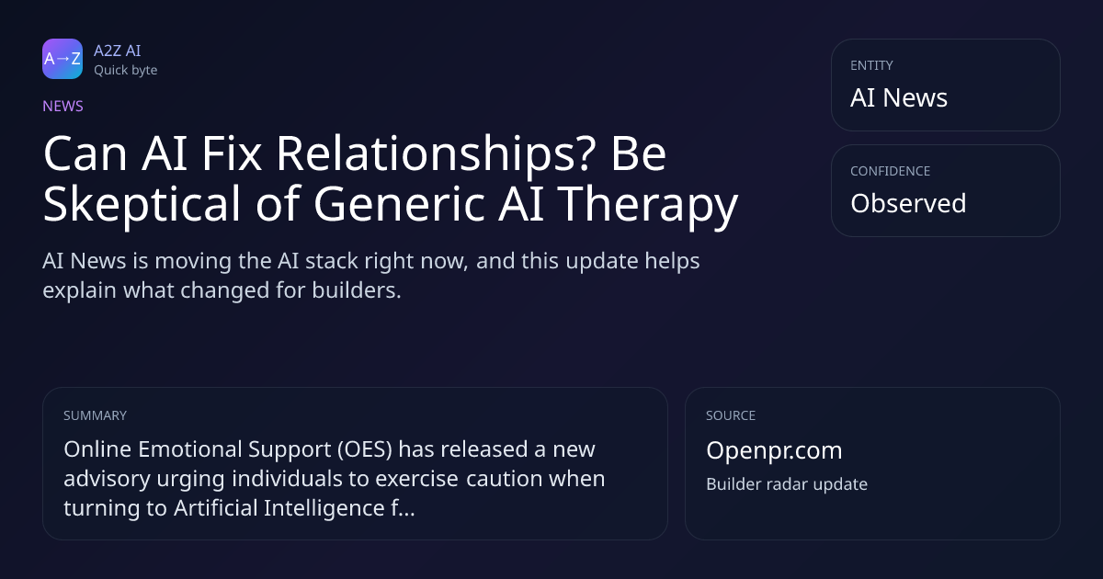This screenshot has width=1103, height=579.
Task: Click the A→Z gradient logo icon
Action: [63, 59]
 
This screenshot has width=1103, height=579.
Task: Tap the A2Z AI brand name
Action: [118, 51]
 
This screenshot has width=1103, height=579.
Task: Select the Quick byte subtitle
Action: [126, 71]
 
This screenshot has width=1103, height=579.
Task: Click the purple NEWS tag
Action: [63, 107]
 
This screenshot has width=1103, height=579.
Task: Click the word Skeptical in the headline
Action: [142, 204]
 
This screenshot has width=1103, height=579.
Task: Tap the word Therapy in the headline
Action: [647, 204]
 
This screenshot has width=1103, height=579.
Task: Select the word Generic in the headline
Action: [399, 203]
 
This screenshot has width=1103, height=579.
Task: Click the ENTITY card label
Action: [871, 65]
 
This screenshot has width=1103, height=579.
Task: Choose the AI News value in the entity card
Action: [899, 97]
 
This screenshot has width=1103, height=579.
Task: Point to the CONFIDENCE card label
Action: [891, 171]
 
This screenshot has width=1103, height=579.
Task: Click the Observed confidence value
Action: [908, 203]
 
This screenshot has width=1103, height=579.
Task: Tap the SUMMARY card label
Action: [95, 415]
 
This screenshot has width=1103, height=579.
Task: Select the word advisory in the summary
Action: [107, 479]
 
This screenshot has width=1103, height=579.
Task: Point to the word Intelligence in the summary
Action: [324, 508]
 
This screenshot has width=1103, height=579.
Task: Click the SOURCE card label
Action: [731, 415]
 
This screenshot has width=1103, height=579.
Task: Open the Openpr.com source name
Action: [774, 450]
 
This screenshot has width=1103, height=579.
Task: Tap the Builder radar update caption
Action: [787, 484]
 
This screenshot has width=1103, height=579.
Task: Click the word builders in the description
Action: [357, 290]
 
